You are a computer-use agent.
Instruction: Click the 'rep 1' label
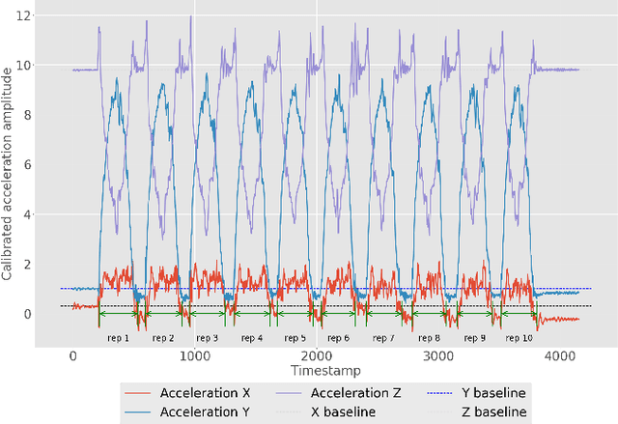click(x=119, y=338)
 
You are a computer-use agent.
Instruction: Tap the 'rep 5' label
click(x=295, y=338)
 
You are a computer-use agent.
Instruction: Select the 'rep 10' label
click(x=520, y=338)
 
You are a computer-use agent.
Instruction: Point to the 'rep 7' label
click(x=384, y=338)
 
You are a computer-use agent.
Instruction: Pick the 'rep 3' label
click(x=208, y=338)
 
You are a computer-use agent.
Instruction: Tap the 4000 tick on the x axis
click(x=559, y=356)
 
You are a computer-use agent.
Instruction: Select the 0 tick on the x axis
click(x=73, y=356)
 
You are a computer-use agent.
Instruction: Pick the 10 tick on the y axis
click(x=37, y=66)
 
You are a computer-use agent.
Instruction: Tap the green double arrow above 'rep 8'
click(x=429, y=313)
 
